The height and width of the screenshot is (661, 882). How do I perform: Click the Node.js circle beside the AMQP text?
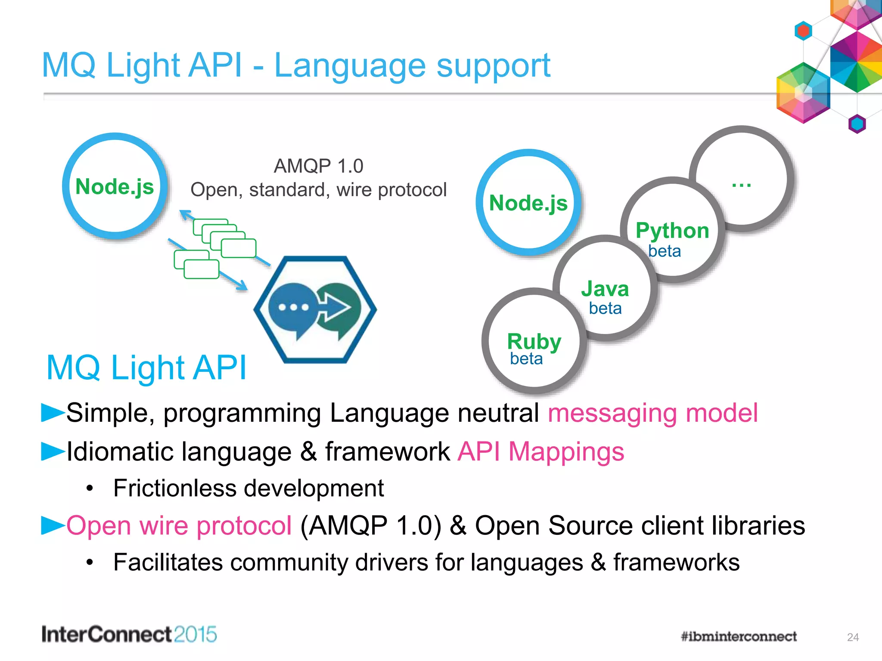click(x=115, y=186)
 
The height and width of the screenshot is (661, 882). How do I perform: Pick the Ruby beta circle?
click(x=534, y=342)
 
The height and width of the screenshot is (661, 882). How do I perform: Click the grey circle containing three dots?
click(x=742, y=179)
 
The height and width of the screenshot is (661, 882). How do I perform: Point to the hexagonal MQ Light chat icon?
click(x=315, y=309)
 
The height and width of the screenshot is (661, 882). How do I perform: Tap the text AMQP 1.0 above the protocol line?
click(x=318, y=166)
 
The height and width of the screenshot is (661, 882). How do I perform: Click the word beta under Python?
click(x=665, y=251)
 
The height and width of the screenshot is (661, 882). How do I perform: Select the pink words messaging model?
click(x=652, y=413)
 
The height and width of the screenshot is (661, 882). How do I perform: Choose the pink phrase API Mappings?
click(x=540, y=451)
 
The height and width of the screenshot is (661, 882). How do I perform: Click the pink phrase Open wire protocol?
click(x=179, y=525)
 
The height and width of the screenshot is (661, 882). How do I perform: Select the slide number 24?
click(x=853, y=637)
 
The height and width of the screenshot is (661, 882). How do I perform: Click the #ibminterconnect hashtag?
click(x=739, y=636)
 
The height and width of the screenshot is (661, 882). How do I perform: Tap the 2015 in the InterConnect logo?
click(x=196, y=634)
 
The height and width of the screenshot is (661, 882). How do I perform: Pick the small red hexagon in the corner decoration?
click(x=803, y=31)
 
